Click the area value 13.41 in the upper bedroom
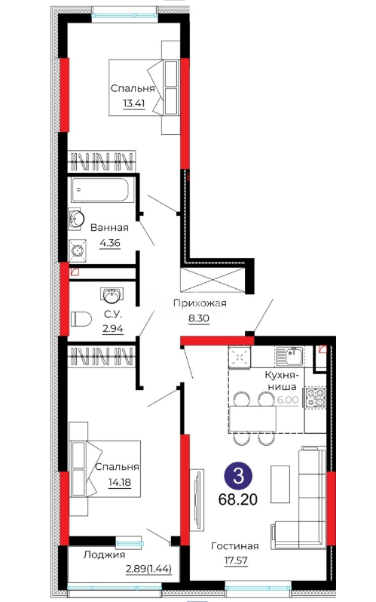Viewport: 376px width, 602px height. point(134,103)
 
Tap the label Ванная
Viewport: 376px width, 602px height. point(109,228)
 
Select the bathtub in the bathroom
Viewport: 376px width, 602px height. point(99,189)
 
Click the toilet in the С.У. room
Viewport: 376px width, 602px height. point(81,318)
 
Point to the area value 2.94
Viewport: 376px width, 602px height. point(113,329)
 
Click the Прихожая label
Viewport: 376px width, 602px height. point(200,303)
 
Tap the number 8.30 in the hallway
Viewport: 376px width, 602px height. point(199,318)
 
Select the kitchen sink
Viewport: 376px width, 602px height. point(289,356)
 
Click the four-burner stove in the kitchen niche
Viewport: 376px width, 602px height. point(315,398)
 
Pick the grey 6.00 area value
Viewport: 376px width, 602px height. point(288,400)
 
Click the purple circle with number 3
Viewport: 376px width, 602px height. point(238,476)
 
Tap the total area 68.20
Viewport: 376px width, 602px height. point(238,499)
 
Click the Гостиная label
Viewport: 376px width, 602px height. point(235,546)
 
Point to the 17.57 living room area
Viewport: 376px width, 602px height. point(236,561)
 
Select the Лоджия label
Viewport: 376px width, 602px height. point(104,554)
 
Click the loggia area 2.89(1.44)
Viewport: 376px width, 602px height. point(149,569)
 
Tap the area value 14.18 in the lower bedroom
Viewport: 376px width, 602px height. point(120,482)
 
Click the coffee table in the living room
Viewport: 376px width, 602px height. point(280,484)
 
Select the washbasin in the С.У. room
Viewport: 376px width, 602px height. point(112,294)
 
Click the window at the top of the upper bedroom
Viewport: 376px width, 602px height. point(124,16)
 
